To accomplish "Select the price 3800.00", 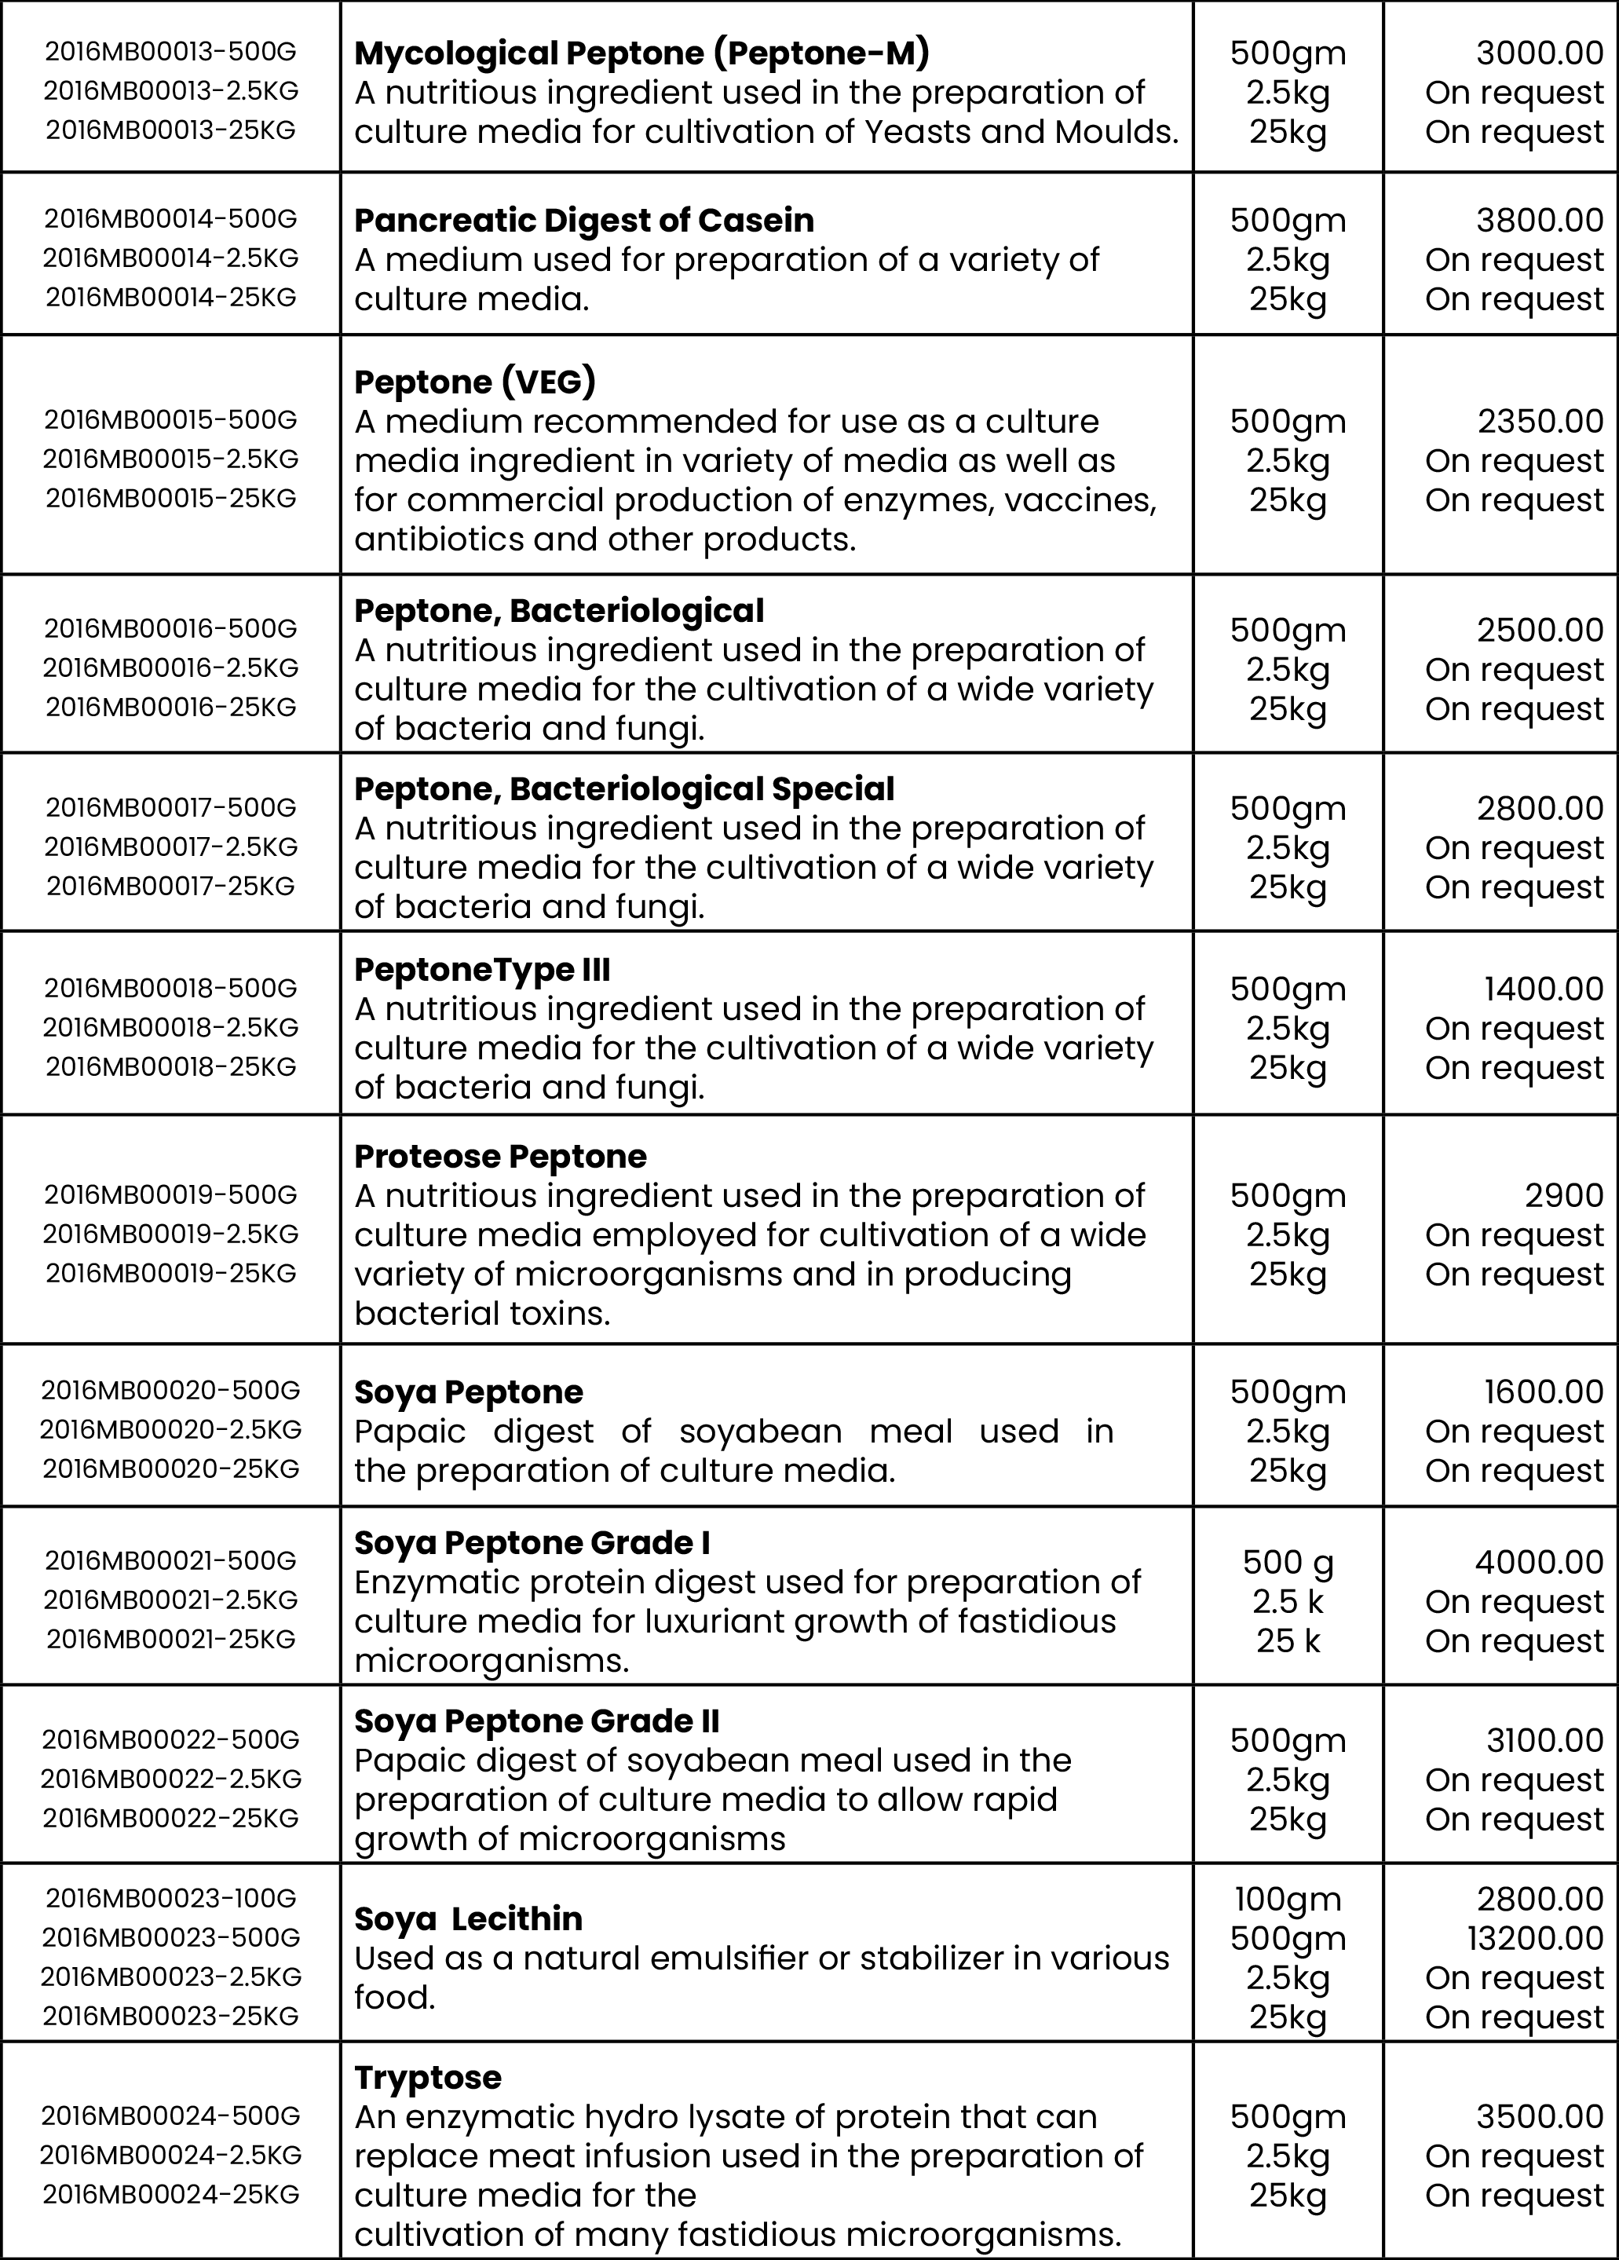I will (x=1539, y=220).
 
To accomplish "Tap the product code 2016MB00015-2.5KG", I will (x=170, y=459).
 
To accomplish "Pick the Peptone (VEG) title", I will (x=475, y=382).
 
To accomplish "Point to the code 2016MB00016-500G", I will (x=170, y=629).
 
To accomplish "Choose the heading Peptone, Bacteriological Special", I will (x=623, y=789).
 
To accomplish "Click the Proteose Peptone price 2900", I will (x=1563, y=1196).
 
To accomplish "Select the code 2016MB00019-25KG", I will (x=170, y=1274).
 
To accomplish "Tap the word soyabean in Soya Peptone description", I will (x=760, y=1432).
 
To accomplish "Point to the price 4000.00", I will (x=1539, y=1563).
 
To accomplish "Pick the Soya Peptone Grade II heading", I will (x=537, y=1721).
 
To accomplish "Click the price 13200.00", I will (x=1534, y=1939).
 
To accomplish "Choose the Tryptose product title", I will (x=427, y=2078).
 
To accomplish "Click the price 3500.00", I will (x=1539, y=2116).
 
